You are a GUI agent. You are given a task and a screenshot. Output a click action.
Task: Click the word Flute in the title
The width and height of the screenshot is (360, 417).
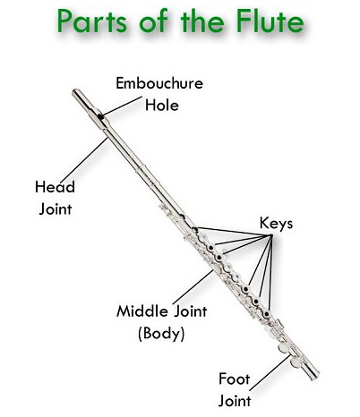point(270,21)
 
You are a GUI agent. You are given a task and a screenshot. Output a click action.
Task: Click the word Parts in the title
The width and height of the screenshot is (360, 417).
point(92,21)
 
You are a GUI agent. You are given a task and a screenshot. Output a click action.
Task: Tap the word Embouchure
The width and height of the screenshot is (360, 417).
point(159,83)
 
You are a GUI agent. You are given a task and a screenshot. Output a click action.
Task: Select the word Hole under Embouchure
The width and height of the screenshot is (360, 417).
point(162,105)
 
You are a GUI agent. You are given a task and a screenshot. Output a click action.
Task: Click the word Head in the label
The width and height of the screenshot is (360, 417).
point(55,187)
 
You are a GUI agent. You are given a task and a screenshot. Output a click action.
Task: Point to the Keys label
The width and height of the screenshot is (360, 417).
point(276,223)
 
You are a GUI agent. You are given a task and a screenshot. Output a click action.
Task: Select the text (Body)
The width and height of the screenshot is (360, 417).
point(161,334)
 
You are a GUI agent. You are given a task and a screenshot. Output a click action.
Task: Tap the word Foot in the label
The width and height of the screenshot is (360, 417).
point(235,379)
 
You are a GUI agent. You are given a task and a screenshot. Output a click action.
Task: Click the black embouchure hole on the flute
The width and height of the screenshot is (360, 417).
point(100,116)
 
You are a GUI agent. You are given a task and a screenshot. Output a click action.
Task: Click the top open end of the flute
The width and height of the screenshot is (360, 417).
point(75,92)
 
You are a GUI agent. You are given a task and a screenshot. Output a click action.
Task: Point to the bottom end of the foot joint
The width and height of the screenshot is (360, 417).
point(316,375)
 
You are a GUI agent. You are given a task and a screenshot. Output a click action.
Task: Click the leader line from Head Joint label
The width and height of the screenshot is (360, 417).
point(84,160)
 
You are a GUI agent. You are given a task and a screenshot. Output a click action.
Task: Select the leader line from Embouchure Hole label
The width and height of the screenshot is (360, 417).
point(123,106)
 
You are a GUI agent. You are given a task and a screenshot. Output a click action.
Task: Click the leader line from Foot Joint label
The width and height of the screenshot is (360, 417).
point(270,372)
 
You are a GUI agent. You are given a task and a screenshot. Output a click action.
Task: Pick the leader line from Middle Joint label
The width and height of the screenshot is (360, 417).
point(193,287)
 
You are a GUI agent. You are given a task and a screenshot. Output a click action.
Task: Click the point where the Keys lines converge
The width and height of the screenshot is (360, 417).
point(271,235)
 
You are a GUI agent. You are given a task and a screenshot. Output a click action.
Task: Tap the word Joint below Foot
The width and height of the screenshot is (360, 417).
point(235,401)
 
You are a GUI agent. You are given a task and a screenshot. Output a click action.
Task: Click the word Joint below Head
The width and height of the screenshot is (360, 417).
point(56,208)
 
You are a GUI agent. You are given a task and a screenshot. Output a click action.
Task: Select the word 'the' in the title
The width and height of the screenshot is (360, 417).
point(201,21)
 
